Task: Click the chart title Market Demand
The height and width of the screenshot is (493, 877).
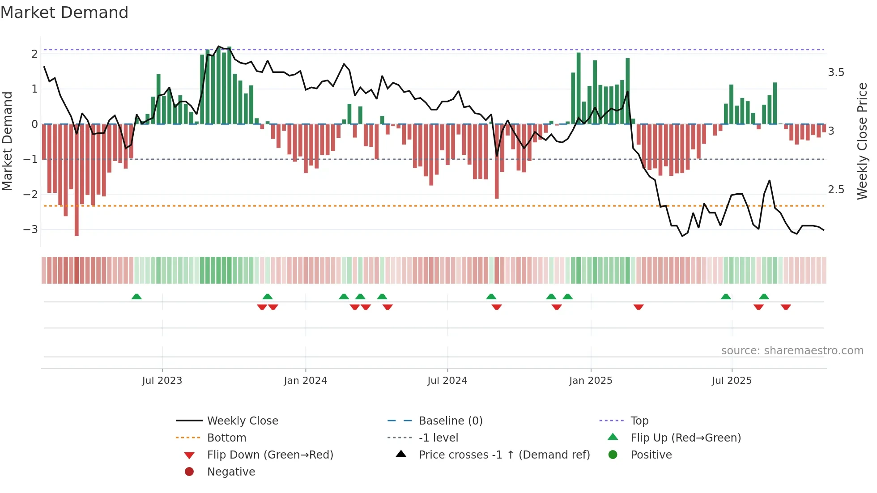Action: coord(64,13)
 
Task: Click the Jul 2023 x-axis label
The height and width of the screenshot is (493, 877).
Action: coord(162,381)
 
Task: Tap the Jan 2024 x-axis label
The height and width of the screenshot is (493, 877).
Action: coord(306,381)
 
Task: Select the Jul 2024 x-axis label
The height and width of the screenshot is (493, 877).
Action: coord(447,381)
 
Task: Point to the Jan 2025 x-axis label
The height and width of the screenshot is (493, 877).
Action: coord(591,381)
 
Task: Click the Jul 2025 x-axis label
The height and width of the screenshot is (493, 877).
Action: coord(732,381)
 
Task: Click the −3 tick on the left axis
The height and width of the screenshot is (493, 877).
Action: coord(31,229)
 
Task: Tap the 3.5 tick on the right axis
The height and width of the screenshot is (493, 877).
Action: coord(836,72)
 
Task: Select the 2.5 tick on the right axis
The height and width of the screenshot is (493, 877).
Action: coord(836,190)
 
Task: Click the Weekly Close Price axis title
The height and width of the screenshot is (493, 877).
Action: coord(862,141)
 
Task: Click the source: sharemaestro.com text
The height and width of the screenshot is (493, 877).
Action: coord(792,351)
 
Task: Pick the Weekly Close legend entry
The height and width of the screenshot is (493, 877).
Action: coord(242,421)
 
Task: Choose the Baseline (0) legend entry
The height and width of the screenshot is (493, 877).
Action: coord(450,421)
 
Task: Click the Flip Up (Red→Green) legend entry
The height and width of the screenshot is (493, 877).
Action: coord(685,438)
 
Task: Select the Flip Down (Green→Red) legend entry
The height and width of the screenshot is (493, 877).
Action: coord(270,455)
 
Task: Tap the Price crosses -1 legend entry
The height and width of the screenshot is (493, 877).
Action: coord(504,455)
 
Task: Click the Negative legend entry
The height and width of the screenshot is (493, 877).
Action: coord(231,472)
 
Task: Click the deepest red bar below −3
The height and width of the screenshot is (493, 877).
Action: coord(77,224)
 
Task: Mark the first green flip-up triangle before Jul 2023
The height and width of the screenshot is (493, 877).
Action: coord(136,297)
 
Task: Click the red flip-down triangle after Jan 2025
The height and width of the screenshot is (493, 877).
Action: coord(639,307)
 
